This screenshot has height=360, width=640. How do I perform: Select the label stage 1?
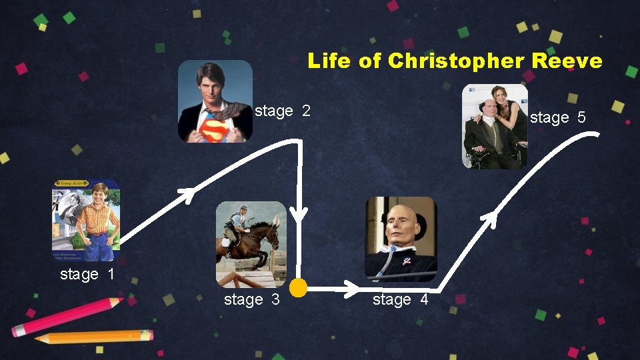tap(88, 274)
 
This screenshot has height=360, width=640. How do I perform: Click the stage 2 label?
tap(283, 111)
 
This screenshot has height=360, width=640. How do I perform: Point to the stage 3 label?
tap(251, 300)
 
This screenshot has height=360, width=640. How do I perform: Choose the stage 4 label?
tap(400, 300)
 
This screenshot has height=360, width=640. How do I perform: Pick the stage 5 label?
tap(557, 118)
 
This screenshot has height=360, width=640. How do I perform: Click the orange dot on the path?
tap(298, 288)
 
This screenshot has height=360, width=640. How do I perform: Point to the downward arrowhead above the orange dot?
tap(299, 213)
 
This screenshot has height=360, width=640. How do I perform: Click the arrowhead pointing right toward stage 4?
tap(351, 289)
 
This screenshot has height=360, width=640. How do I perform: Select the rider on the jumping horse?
tap(237, 223)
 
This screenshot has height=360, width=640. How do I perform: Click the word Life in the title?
tap(329, 61)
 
